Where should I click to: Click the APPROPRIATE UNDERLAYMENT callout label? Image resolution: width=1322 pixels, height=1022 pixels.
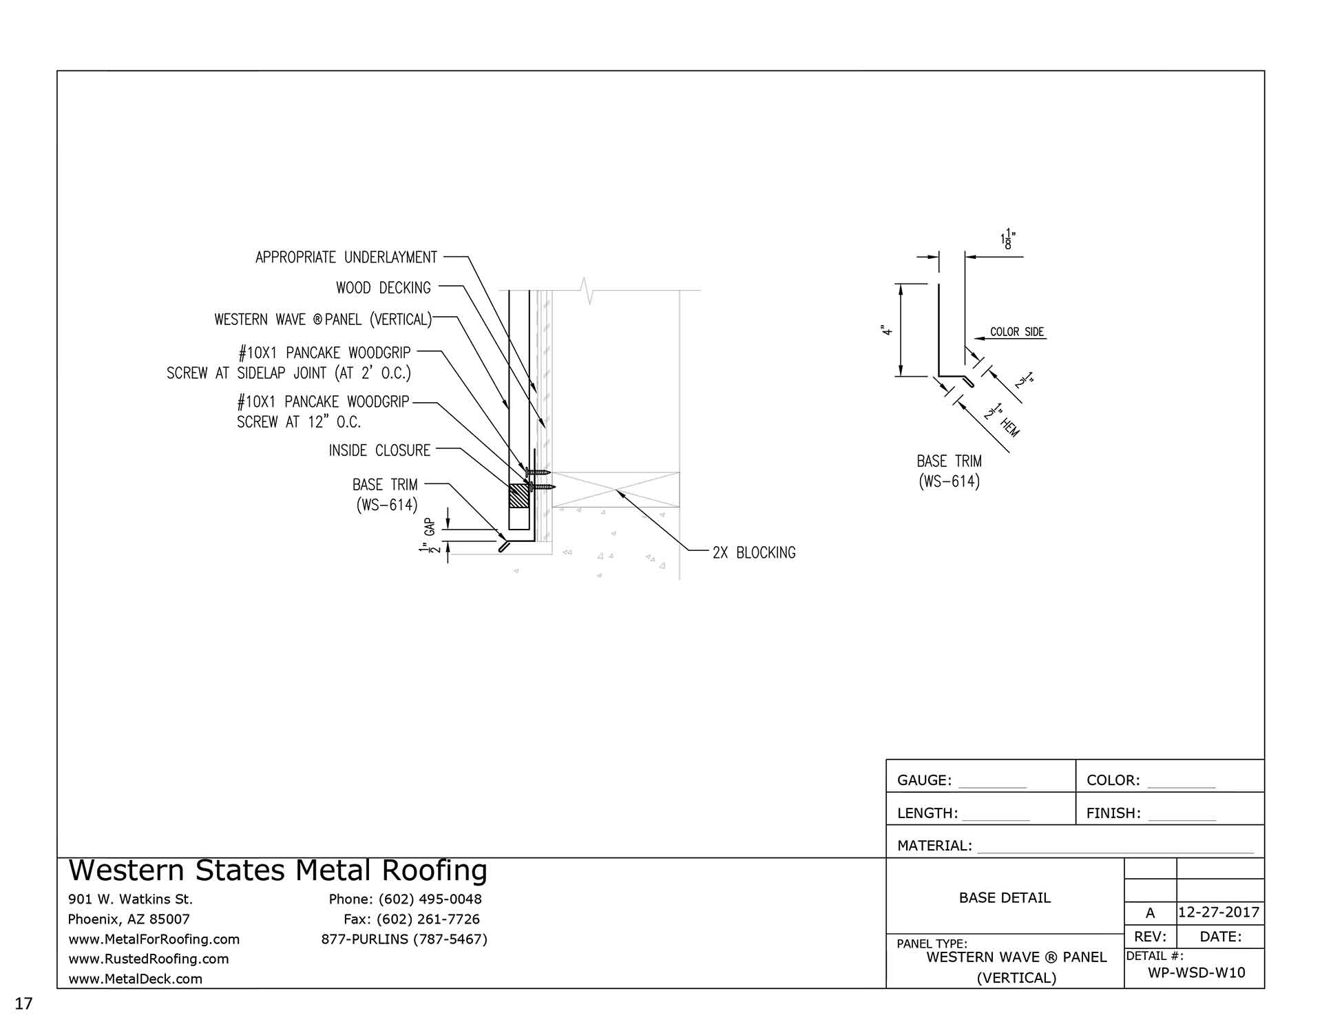(346, 258)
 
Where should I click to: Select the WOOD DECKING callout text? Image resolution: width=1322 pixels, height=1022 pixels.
(383, 288)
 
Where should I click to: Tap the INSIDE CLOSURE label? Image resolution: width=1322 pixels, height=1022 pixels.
(379, 450)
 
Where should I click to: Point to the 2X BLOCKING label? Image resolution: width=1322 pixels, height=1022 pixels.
(754, 552)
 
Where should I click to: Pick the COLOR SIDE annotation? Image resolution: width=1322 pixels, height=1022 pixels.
(1017, 332)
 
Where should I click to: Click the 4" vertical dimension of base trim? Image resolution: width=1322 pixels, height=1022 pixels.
(888, 331)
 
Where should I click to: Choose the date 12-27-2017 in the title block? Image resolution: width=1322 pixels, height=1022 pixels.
(1219, 912)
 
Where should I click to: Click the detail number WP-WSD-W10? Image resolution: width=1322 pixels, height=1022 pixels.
(1197, 972)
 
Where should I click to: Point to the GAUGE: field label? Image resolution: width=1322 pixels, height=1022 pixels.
(924, 780)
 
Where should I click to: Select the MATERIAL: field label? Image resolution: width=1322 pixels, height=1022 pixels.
(934, 846)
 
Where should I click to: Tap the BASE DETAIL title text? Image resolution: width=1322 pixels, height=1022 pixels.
(1005, 897)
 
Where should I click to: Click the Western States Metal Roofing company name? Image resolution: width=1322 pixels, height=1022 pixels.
(278, 870)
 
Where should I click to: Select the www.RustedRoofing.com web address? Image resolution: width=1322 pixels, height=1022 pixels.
(148, 959)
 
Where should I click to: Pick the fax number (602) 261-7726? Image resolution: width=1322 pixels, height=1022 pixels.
(428, 919)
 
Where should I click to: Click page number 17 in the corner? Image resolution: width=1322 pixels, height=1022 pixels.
(24, 1003)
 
